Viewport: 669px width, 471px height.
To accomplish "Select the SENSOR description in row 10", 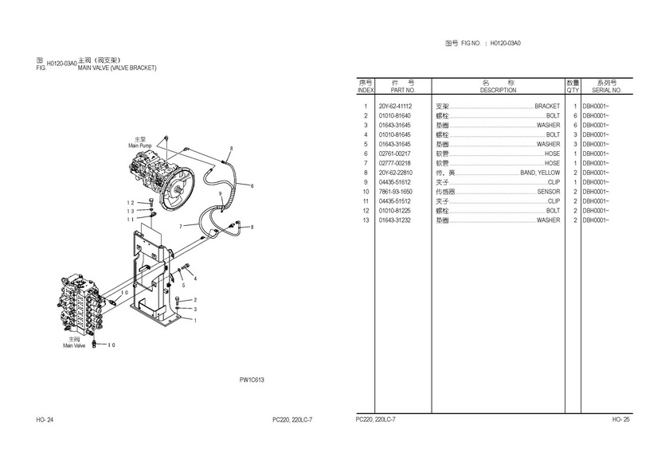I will pyautogui.click(x=548, y=192).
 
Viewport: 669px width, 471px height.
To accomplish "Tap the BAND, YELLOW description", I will pyautogui.click(x=539, y=173).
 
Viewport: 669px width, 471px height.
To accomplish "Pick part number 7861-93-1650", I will pyautogui.click(x=395, y=192).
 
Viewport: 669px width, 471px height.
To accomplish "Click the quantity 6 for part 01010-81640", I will pyautogui.click(x=574, y=115).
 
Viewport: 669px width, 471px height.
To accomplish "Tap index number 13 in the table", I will pyautogui.click(x=366, y=220).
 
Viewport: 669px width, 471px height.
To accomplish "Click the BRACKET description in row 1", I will pyautogui.click(x=546, y=106).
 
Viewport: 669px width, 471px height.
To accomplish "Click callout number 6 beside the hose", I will pyautogui.click(x=251, y=186).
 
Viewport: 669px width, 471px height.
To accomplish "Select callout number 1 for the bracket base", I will pyautogui.click(x=195, y=320).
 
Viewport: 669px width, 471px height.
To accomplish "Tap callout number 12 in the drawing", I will pyautogui.click(x=130, y=203).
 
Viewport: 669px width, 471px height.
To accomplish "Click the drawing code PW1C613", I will pyautogui.click(x=252, y=380).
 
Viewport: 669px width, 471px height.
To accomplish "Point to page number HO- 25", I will pyautogui.click(x=620, y=419).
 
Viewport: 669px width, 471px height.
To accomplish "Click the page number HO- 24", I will pyautogui.click(x=45, y=419).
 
